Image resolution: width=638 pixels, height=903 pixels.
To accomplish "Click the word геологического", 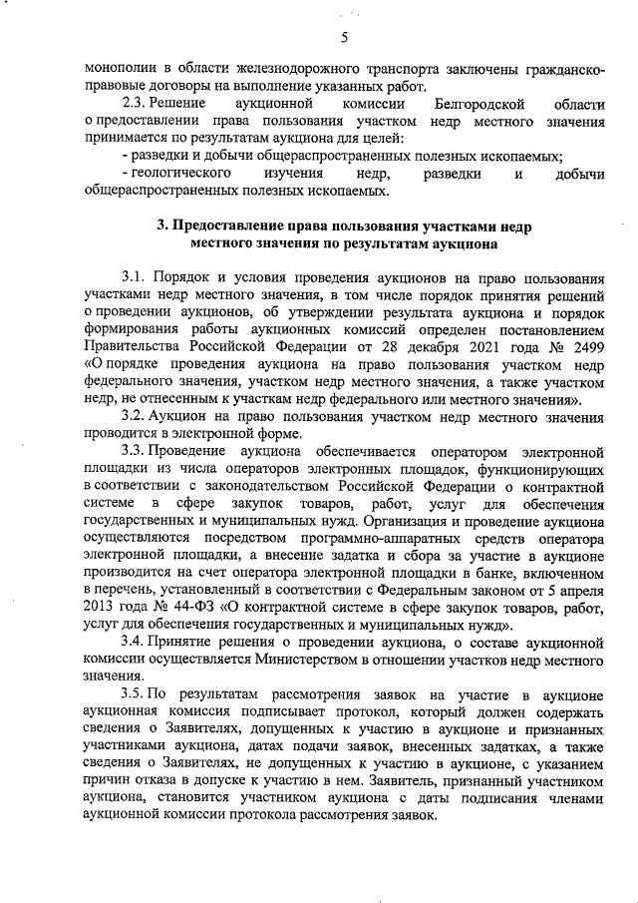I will [x=190, y=175].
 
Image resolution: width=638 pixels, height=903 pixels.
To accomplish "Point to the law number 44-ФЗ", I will [x=200, y=610].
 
